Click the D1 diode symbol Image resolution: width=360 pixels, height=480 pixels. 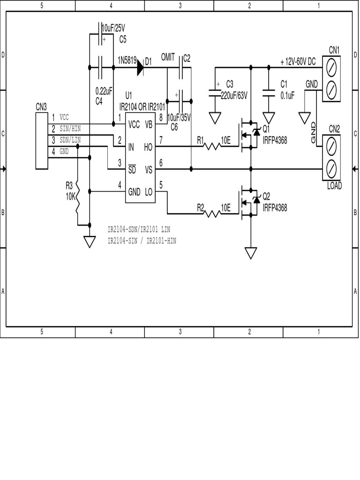[x=140, y=68]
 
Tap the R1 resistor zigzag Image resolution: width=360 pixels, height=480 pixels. [x=212, y=147]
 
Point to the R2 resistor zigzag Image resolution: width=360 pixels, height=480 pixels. [x=212, y=214]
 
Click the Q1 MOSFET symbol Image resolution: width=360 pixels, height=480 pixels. [x=248, y=135]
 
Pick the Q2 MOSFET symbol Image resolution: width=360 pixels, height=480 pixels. [x=248, y=202]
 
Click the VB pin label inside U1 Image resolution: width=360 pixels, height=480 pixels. [x=148, y=124]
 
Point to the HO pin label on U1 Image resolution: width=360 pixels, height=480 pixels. [x=148, y=147]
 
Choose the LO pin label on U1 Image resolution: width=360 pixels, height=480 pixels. [x=148, y=192]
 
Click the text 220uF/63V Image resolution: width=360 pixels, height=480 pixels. [x=234, y=95]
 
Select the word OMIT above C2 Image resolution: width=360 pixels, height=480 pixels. [x=167, y=57]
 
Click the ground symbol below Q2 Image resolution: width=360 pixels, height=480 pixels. [x=251, y=253]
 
